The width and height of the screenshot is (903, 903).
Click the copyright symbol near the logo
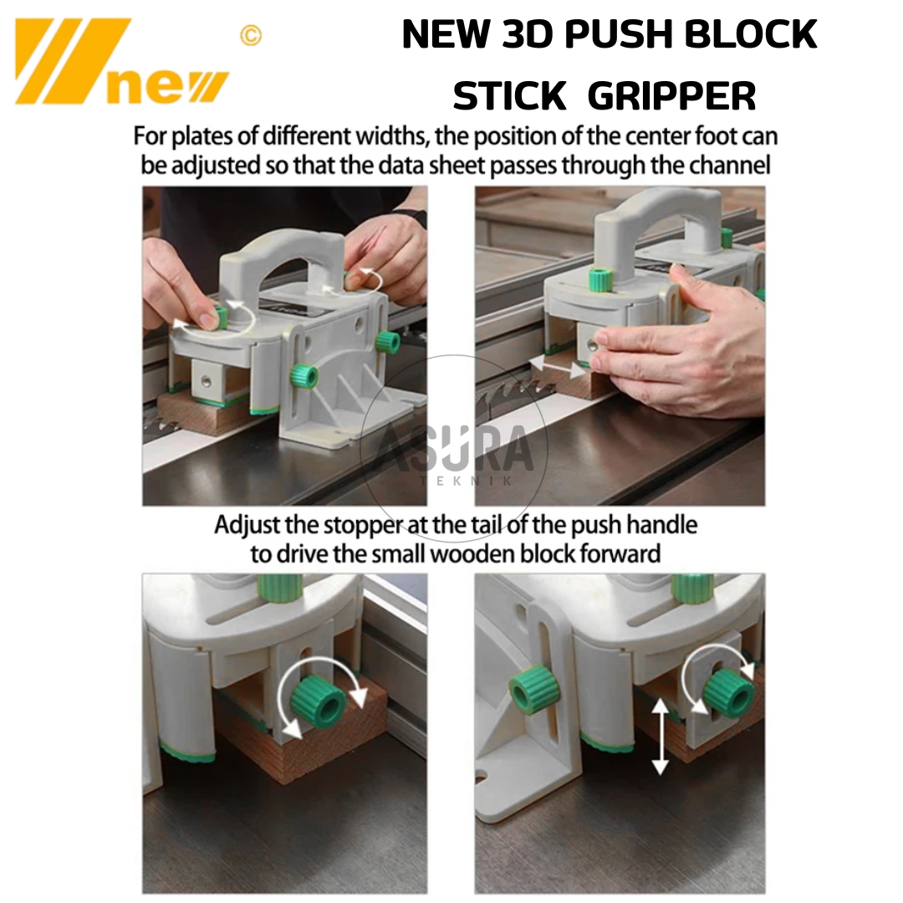tap(251, 35)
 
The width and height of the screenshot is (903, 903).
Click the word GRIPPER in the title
tap(672, 95)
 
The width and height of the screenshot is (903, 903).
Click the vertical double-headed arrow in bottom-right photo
tap(660, 736)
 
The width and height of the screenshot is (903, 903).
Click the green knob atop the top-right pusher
tap(601, 279)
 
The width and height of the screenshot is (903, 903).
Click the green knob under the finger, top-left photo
tap(219, 318)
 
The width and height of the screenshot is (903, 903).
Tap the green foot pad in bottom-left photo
tap(187, 752)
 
